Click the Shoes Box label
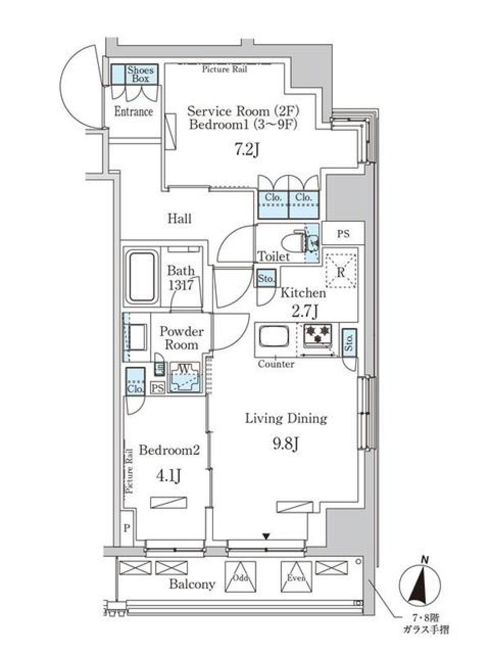tap(140, 74)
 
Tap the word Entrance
tap(134, 112)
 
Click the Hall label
tap(179, 219)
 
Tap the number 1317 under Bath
tap(181, 286)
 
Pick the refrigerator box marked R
tap(341, 271)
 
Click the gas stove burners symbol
tap(318, 334)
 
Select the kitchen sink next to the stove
tap(274, 337)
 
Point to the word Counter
tap(276, 364)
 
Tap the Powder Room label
tap(182, 338)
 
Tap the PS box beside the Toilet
tap(344, 233)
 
